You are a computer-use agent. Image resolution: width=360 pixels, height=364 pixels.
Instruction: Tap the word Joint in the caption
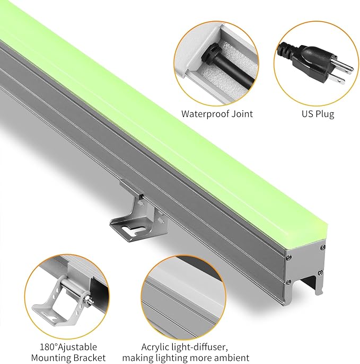point(241,114)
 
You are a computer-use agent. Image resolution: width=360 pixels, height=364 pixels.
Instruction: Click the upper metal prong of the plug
point(341,67)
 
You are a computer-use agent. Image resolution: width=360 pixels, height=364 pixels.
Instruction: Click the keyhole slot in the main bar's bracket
point(125,230)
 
